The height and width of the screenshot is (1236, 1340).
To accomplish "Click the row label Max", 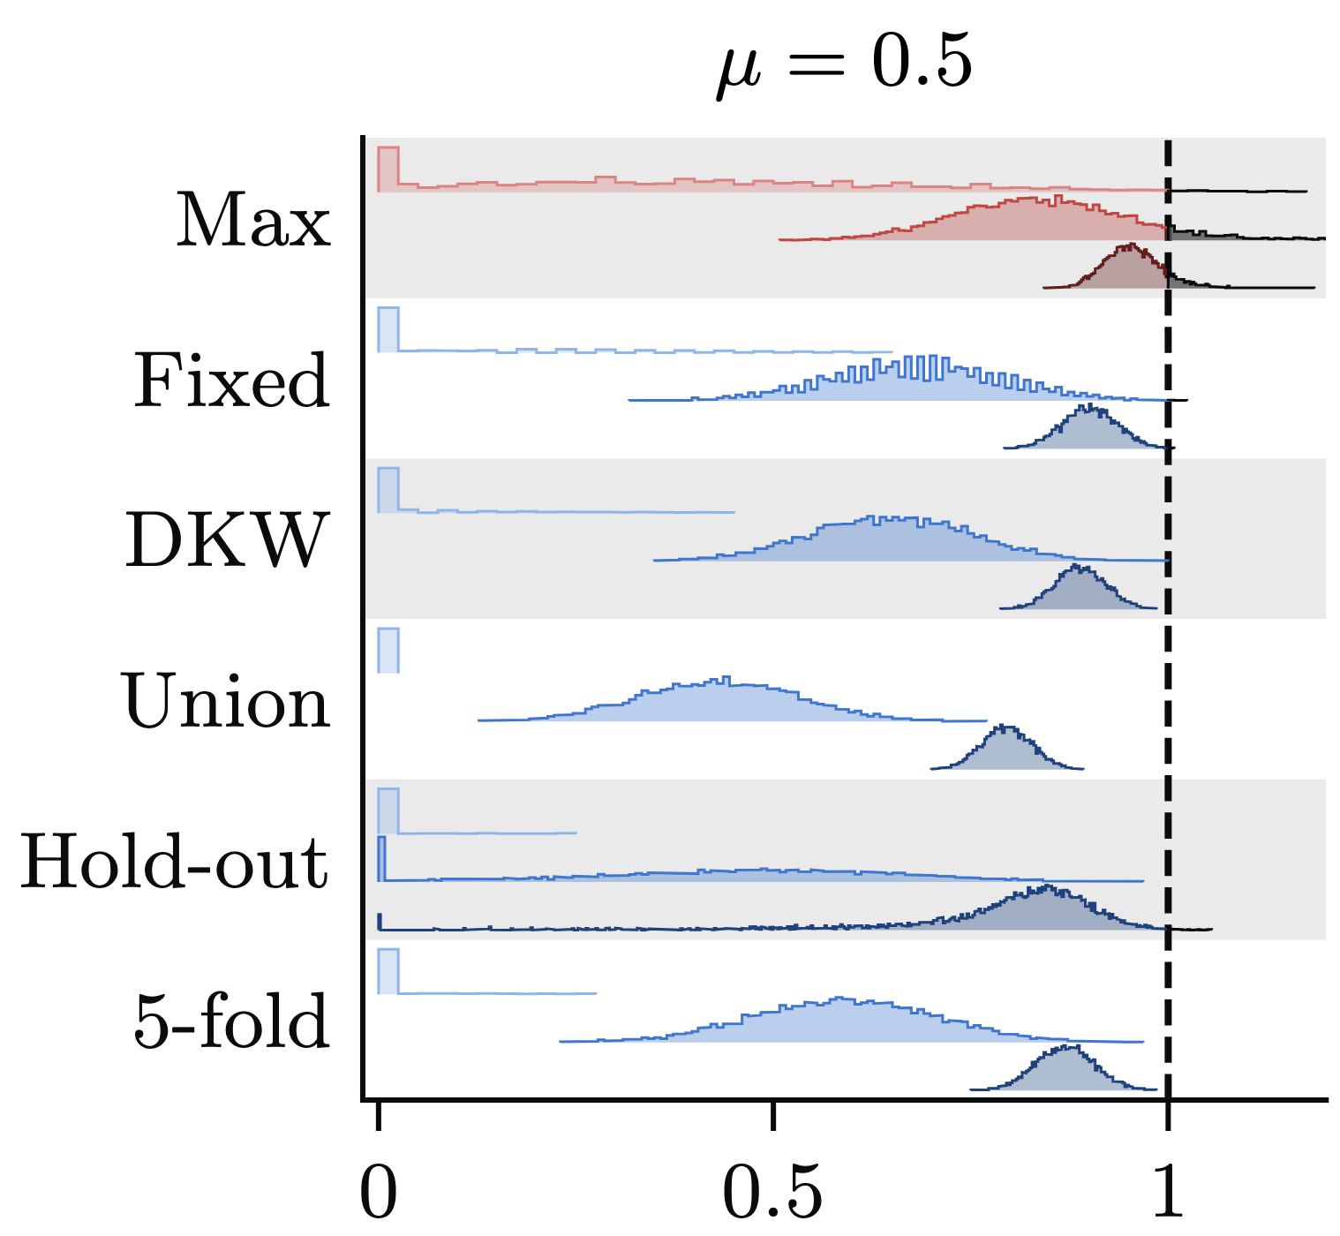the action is (253, 220).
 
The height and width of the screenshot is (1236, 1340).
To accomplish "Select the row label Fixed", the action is (232, 381).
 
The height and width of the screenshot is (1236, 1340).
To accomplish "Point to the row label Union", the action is (226, 701).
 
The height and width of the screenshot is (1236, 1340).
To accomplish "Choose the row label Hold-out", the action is (175, 861).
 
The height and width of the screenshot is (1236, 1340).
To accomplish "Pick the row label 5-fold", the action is (231, 1021).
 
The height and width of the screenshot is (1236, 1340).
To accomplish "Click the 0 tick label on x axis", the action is (379, 1192).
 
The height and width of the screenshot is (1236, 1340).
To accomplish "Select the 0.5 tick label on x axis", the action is (772, 1192).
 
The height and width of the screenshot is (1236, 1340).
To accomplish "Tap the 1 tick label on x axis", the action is (1168, 1192).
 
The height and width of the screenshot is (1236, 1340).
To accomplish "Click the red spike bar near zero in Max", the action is (388, 169).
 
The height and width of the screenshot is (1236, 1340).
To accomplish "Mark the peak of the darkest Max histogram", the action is (1131, 244).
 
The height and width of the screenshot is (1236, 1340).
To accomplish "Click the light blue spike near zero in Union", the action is (388, 651).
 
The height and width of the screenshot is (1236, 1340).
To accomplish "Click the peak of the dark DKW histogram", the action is (1077, 565).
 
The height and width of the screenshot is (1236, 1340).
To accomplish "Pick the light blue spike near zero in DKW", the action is (388, 490).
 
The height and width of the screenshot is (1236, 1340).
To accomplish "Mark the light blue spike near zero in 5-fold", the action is (388, 971).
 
